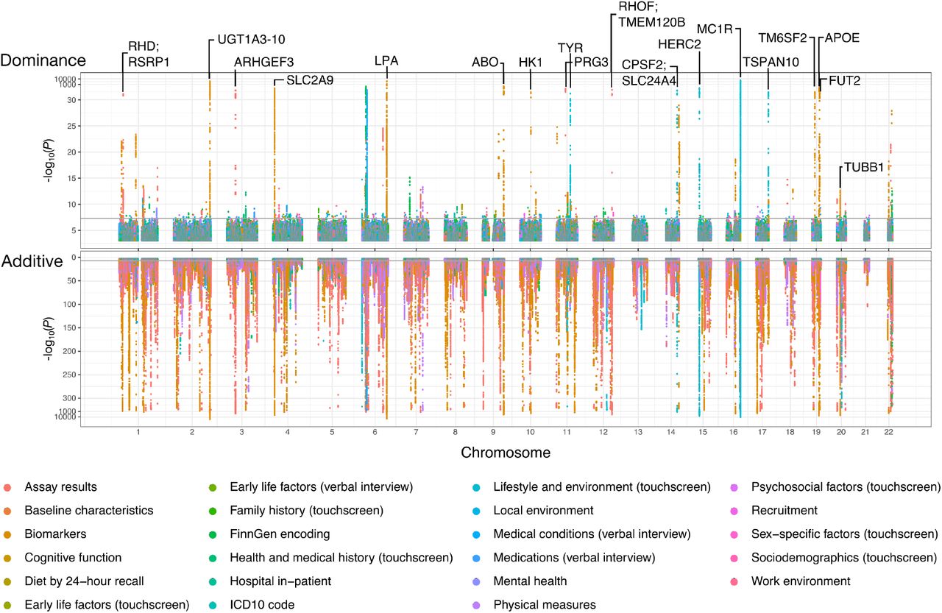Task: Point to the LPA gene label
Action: [386, 61]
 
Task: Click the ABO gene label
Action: [486, 62]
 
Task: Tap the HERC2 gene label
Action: [679, 44]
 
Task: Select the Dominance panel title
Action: [43, 60]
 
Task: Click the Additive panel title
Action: [32, 260]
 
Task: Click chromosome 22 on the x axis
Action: [890, 430]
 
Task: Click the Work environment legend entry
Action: [801, 581]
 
